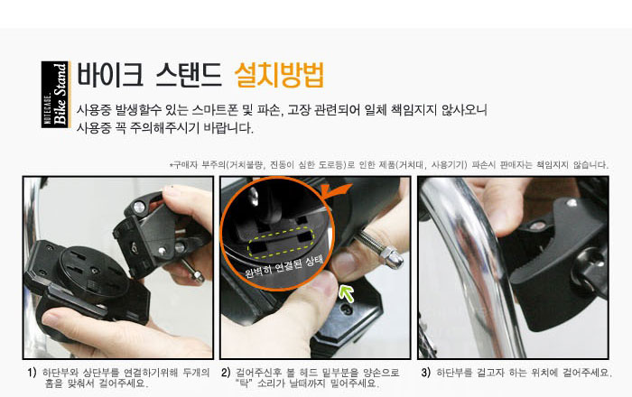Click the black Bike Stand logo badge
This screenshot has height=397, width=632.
(56, 95)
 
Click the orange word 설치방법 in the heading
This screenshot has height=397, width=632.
(279, 75)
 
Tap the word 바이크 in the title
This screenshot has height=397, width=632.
(109, 75)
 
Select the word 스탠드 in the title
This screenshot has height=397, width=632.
(189, 75)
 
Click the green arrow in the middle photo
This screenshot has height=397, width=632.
(346, 292)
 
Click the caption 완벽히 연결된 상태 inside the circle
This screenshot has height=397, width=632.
(284, 266)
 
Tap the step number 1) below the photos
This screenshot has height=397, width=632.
(32, 373)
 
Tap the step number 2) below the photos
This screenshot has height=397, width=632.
(226, 373)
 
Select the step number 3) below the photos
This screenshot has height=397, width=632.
(425, 373)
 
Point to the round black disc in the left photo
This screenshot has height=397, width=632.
(94, 272)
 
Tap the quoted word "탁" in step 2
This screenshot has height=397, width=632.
(245, 383)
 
